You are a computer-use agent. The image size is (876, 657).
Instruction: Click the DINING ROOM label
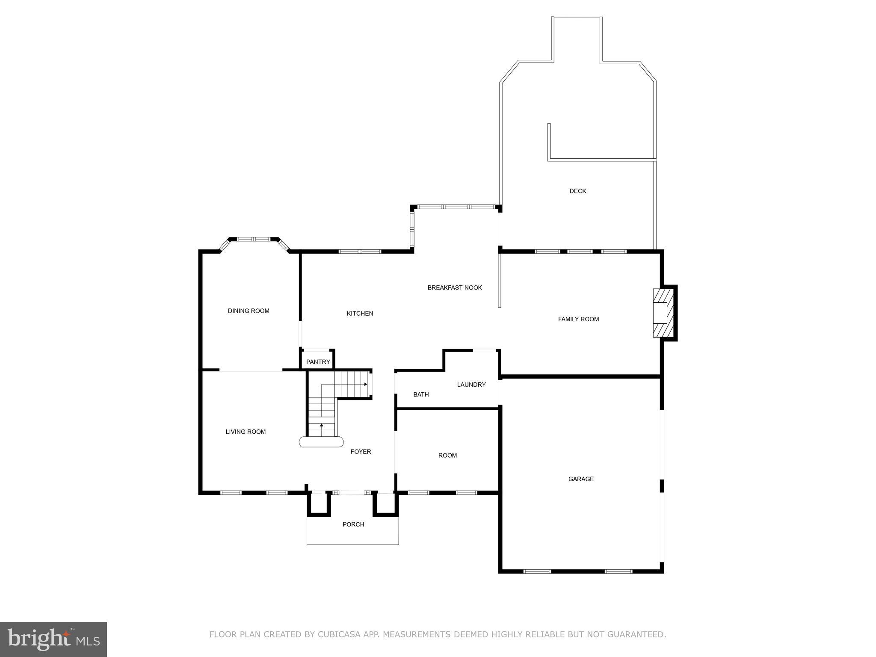click(249, 311)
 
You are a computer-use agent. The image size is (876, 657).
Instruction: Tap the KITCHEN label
click(360, 314)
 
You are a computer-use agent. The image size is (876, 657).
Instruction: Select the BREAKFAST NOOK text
click(455, 288)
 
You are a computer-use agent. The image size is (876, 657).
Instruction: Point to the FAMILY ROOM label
click(578, 319)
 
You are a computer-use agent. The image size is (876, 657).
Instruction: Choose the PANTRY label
click(318, 362)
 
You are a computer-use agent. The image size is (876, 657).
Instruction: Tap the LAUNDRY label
click(471, 385)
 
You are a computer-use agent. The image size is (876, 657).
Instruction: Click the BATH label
click(421, 394)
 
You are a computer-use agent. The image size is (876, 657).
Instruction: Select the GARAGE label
click(581, 479)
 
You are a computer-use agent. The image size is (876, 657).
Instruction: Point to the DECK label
click(577, 191)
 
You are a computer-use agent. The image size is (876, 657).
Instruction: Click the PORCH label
click(353, 524)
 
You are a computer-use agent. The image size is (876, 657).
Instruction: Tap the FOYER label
click(361, 452)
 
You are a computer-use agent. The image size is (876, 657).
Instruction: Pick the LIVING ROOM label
click(246, 432)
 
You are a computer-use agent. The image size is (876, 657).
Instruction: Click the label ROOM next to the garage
click(447, 456)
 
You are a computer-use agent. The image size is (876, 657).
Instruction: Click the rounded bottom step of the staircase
click(321, 442)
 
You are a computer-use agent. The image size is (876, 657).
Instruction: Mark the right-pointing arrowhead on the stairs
click(366, 384)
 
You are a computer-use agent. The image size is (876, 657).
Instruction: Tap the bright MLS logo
click(53, 639)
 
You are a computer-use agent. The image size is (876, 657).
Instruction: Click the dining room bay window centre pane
click(254, 239)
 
